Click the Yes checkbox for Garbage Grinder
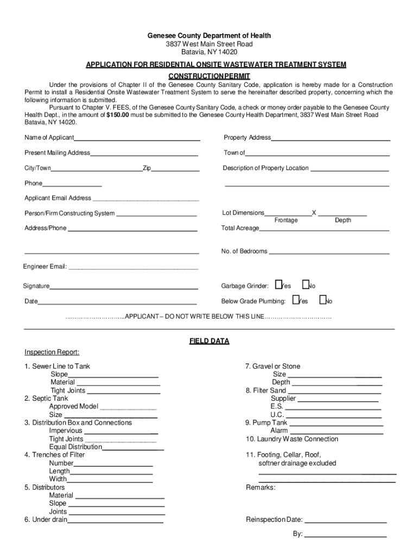278,285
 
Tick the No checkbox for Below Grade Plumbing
322,300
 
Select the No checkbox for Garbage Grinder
305,285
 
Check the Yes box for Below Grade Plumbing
295,300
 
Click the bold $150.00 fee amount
118,115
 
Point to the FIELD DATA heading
209,342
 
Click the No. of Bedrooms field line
329,253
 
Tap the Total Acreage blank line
324,230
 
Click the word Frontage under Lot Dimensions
286,220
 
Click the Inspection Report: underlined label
52,352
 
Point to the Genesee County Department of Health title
209,36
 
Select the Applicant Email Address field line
145,200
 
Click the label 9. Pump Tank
267,423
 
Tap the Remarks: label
261,488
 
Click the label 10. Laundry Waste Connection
292,439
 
